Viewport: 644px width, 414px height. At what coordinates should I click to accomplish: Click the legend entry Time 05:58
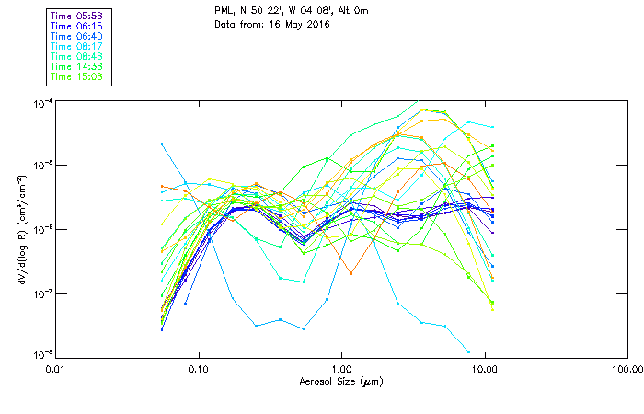point(77,17)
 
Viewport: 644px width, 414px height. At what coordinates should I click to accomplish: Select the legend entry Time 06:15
point(77,27)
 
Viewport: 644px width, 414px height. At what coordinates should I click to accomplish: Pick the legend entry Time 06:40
point(77,37)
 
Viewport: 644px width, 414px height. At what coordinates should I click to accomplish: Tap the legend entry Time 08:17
point(77,46)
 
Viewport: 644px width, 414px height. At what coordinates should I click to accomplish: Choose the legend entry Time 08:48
point(77,56)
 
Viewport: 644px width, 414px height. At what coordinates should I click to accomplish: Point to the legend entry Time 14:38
point(77,66)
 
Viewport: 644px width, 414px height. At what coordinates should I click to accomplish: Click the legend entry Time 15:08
point(77,76)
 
